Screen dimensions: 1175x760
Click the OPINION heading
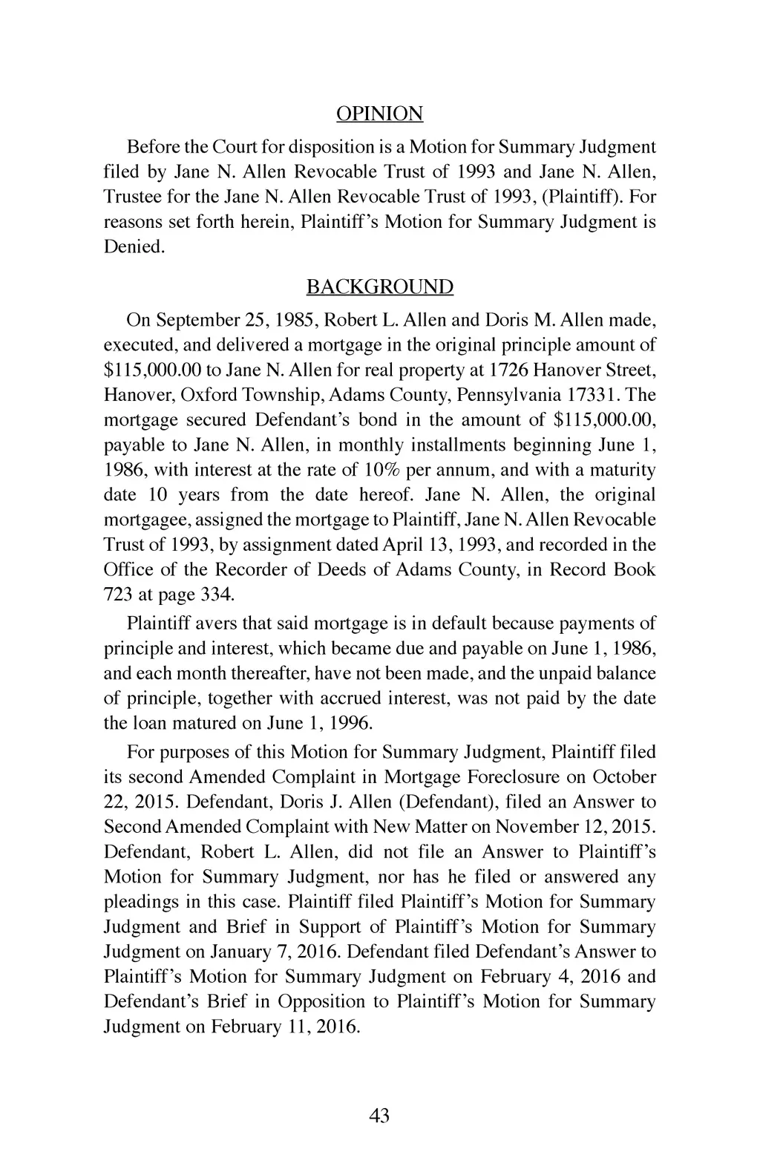379,114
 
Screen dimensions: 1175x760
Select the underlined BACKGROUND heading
379,287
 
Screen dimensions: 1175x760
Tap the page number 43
379,1116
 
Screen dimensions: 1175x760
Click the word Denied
132,247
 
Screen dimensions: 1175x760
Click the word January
241,952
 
